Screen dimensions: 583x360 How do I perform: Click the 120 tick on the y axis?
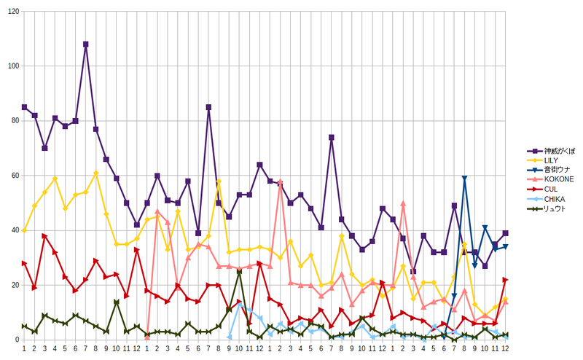point(13,12)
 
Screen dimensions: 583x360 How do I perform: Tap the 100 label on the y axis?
point(13,66)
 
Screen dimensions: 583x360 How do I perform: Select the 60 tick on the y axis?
point(15,176)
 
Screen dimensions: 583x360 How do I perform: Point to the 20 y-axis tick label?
point(15,285)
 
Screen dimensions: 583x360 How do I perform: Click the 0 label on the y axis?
point(17,340)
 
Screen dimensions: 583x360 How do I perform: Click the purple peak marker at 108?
point(85,44)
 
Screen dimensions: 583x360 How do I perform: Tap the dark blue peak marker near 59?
point(464,178)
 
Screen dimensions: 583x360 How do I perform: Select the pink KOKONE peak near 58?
point(280,181)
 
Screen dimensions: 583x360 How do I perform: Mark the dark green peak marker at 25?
point(239,272)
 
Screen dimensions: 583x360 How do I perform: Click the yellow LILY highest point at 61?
point(96,173)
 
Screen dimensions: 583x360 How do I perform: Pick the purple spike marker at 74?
point(332,137)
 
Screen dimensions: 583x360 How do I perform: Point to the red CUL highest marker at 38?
point(44,236)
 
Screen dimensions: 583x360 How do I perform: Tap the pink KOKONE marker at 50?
point(403,203)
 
